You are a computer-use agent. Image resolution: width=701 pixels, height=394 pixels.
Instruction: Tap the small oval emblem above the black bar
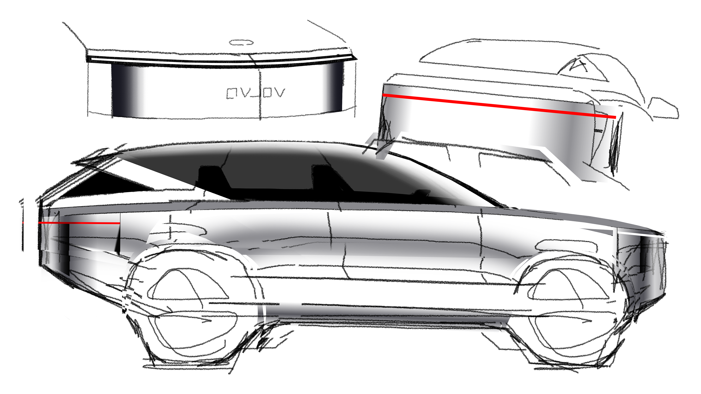241,43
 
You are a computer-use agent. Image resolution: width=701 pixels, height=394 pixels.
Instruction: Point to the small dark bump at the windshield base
422,193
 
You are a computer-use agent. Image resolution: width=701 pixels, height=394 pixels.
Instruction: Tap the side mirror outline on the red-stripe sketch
664,109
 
